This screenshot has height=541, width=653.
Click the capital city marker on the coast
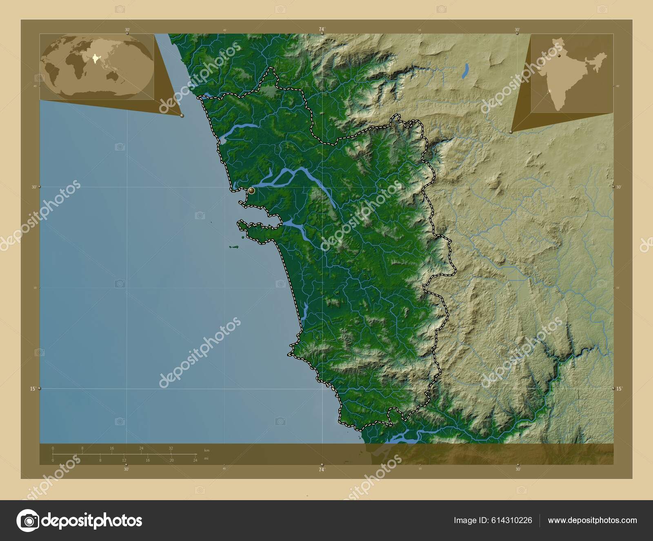[x=251, y=190]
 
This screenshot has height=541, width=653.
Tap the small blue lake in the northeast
[x=465, y=70]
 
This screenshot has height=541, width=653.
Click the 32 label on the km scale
[x=171, y=448]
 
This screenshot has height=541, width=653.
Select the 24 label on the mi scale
[x=195, y=460]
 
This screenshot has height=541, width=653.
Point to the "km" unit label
[x=207, y=450]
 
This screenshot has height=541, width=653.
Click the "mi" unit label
[x=206, y=458]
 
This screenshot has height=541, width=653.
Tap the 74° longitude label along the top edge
[x=322, y=29]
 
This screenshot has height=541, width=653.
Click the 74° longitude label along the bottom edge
[x=322, y=469]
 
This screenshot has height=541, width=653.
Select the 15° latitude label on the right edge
[x=619, y=389]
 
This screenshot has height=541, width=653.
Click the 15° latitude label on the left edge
[x=33, y=389]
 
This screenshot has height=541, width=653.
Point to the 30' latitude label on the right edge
[x=619, y=187]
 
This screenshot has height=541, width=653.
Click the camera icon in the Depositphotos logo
[x=27, y=520]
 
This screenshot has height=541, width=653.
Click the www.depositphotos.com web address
[x=592, y=520]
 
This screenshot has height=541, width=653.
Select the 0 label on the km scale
[x=53, y=448]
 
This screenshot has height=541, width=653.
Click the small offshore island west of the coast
[x=235, y=246]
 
